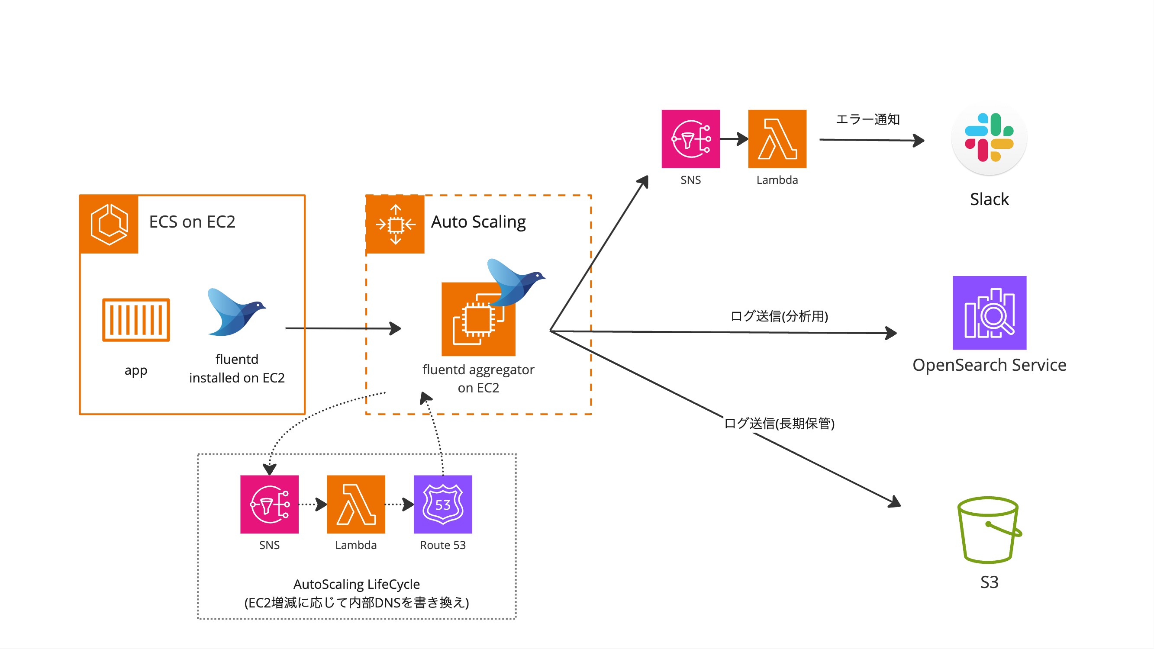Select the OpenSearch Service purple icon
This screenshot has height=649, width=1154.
989,313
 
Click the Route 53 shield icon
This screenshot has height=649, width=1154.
443,504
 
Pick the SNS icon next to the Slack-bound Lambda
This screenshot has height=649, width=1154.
690,139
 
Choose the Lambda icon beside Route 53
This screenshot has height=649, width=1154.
356,504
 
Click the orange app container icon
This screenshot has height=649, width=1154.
136,320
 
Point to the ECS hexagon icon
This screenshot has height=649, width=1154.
109,224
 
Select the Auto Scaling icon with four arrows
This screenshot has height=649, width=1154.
395,225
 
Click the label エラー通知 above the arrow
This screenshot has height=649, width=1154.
868,119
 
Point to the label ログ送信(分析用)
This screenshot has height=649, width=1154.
779,316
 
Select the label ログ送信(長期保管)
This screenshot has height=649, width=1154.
779,423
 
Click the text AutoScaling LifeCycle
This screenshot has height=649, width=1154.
357,584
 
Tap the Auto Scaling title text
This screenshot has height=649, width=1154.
478,222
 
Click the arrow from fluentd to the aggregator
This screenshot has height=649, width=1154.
343,328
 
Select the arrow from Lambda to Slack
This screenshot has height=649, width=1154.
871,140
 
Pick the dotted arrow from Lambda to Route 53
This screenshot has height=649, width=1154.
399,504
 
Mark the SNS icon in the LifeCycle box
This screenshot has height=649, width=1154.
269,504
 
